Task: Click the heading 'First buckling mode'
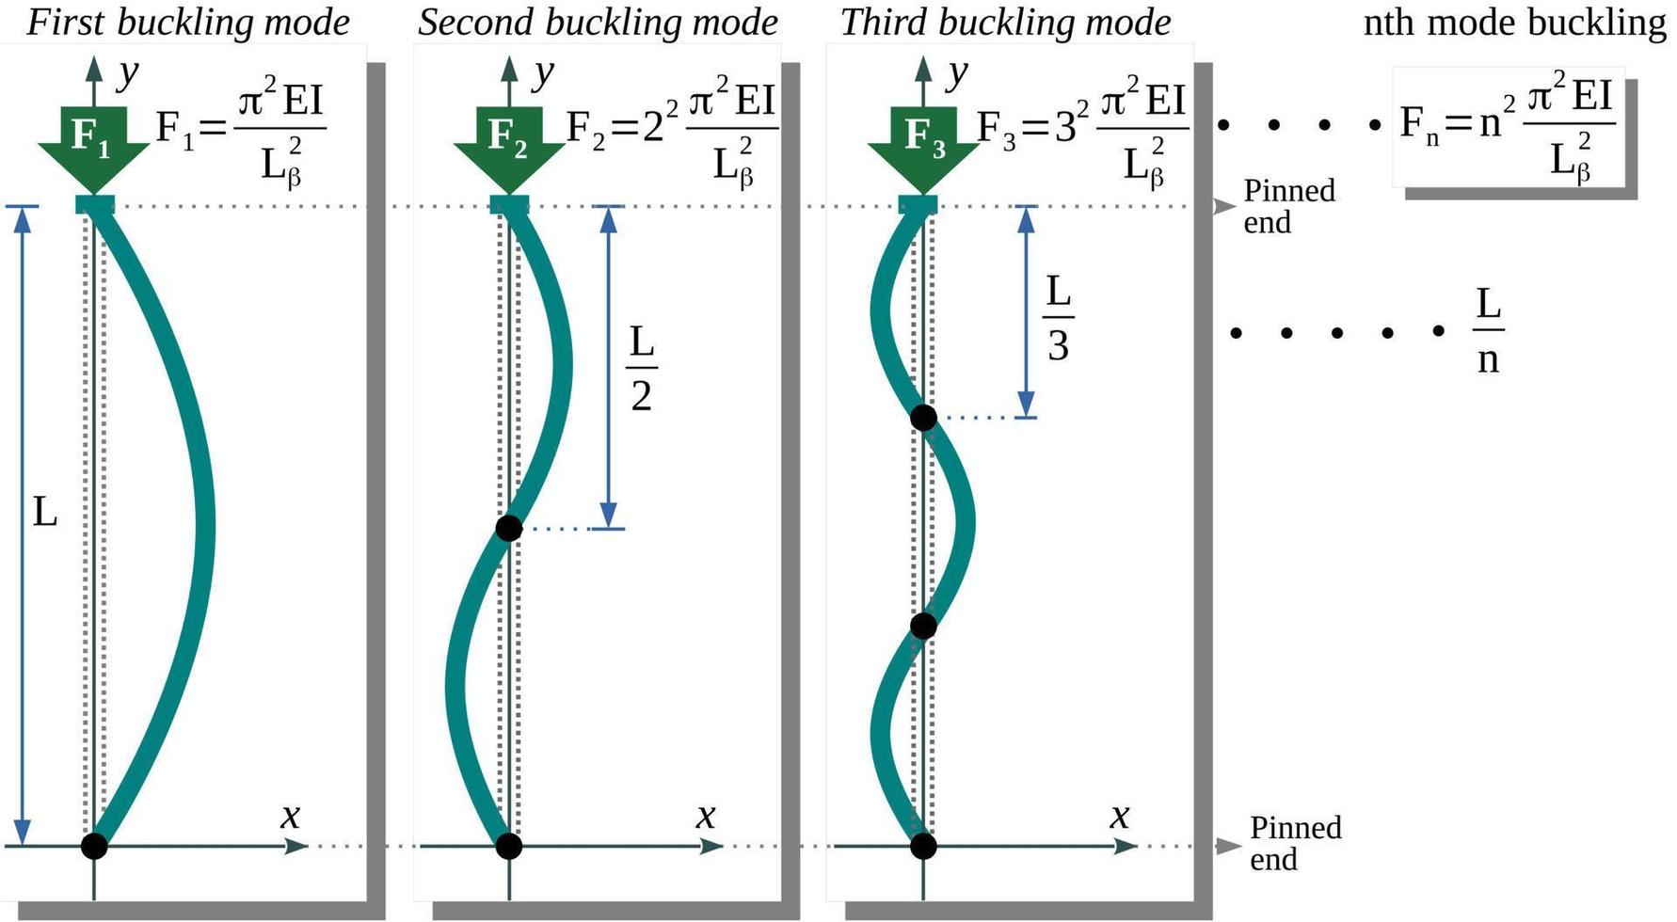[187, 23]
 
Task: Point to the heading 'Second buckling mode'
[598, 23]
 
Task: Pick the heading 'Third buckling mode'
[1005, 23]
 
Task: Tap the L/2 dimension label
[641, 369]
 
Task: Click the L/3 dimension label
[1058, 319]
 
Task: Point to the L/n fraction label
[1487, 331]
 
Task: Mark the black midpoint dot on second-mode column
[508, 529]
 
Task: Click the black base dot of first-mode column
[94, 846]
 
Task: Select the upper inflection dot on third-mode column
[923, 418]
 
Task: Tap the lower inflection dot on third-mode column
[923, 627]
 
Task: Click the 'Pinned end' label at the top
[1288, 206]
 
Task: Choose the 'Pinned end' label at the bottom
[1294, 843]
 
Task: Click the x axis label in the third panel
[1119, 815]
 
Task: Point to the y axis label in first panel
[127, 72]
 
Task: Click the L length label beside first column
[45, 513]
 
